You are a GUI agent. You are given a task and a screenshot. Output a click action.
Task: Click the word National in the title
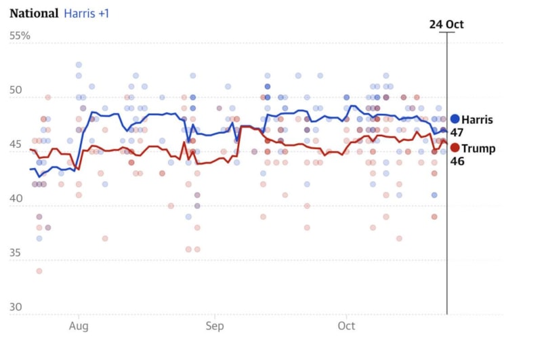coord(33,14)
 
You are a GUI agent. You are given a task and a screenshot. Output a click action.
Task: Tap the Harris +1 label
coord(87,14)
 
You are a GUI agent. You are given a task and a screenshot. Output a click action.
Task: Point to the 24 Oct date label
coord(446,24)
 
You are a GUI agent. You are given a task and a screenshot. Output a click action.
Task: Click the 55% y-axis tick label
coord(20,35)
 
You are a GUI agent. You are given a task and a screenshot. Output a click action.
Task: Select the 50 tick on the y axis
coord(16,91)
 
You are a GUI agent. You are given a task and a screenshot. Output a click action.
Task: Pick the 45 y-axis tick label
coord(16,145)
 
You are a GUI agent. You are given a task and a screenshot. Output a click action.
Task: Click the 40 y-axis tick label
coord(16,199)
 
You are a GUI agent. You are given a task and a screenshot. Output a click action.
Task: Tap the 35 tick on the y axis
coord(16,254)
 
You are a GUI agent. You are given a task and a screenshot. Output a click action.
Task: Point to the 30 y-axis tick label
coord(16,308)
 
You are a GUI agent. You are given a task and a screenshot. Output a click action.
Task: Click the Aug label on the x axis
coord(79,327)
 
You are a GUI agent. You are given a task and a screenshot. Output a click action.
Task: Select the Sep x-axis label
coord(214,327)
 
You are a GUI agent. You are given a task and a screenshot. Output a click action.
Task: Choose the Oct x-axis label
coord(346,327)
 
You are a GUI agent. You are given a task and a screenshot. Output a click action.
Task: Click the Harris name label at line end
coord(478,120)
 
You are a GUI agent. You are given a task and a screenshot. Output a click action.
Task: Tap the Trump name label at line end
coord(478,148)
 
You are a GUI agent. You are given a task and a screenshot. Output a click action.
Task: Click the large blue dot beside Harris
coord(455,119)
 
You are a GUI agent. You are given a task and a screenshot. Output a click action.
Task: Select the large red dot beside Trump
coord(455,148)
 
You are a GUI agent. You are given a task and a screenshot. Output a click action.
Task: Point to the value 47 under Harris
coord(457,133)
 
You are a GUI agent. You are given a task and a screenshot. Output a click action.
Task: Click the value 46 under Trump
coord(457,161)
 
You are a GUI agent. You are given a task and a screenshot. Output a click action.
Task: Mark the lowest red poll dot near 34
coord(39,271)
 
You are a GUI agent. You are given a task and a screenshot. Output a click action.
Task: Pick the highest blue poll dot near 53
coord(79,65)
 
